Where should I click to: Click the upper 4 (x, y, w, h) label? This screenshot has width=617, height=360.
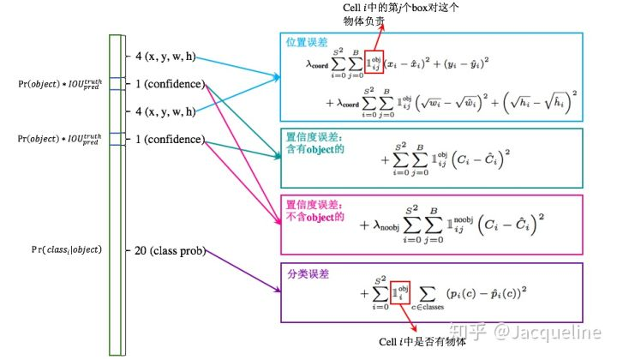pyautogui.click(x=165, y=57)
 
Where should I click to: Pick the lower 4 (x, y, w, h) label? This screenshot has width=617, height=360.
pyautogui.click(x=165, y=111)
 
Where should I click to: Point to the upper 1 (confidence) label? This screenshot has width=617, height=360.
pyautogui.click(x=170, y=84)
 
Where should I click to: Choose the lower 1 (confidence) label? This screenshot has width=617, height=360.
pyautogui.click(x=170, y=139)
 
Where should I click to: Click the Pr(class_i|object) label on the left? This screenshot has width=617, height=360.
pyautogui.click(x=60, y=249)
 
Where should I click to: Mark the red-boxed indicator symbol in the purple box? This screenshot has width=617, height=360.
pyautogui.click(x=404, y=292)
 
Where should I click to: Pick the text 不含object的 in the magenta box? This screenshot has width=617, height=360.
pyautogui.click(x=314, y=217)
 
